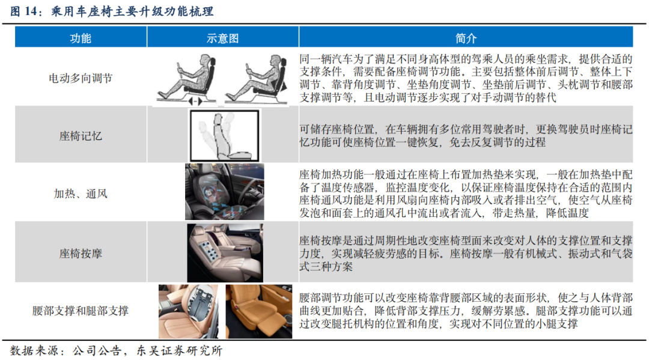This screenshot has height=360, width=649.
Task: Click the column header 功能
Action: (81, 38)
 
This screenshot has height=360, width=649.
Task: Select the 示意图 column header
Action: (223, 38)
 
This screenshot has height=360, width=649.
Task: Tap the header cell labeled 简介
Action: (466, 38)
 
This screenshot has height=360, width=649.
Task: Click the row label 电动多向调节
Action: (81, 78)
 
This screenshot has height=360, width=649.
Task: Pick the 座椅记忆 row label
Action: (81, 136)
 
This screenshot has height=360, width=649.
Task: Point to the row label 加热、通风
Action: (81, 194)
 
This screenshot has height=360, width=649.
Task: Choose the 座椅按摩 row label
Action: (81, 253)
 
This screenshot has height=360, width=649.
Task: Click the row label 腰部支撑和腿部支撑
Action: (81, 310)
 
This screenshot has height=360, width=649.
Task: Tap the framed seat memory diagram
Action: (224, 135)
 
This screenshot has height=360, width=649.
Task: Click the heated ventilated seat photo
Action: (224, 192)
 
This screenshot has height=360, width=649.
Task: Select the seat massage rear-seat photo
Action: (225, 253)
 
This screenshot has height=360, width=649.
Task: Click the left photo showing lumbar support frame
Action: (188, 311)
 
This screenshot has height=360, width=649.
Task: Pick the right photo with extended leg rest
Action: (258, 311)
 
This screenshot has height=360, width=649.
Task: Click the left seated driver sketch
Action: (187, 79)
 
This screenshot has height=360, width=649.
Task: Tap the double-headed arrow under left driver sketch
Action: (195, 101)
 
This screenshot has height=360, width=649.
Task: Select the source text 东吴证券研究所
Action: (179, 351)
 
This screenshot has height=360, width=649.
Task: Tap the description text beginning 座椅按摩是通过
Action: (466, 253)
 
